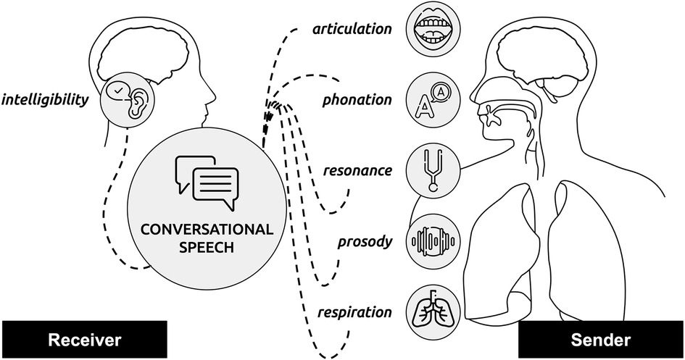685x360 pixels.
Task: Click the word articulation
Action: pyautogui.click(x=352, y=29)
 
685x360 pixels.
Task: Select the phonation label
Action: pyautogui.click(x=359, y=100)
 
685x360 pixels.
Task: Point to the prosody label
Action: pyautogui.click(x=367, y=241)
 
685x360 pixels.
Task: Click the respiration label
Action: pyautogui.click(x=354, y=313)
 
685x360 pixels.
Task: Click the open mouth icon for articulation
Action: pyautogui.click(x=433, y=30)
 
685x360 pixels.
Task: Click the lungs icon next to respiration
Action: pyautogui.click(x=433, y=311)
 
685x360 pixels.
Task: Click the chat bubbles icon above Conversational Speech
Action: pyautogui.click(x=207, y=180)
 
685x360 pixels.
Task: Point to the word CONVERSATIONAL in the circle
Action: pyautogui.click(x=207, y=230)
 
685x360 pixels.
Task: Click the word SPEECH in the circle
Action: pyautogui.click(x=207, y=249)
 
